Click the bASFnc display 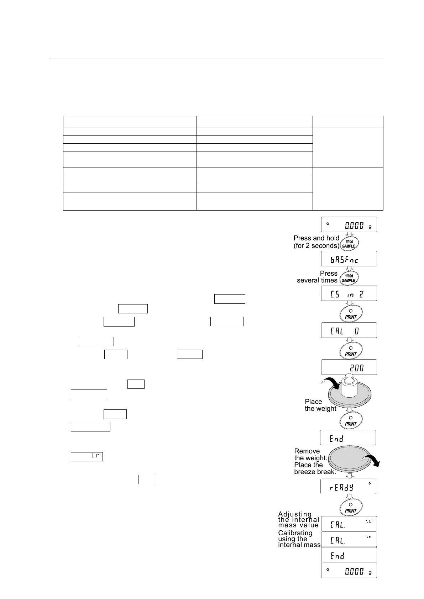tap(349, 259)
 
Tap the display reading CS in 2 tap(349, 293)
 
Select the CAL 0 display tap(349, 330)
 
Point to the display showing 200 tap(349, 367)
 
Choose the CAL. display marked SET tap(349, 524)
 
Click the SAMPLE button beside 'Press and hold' tap(349, 244)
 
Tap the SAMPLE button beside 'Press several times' tap(349, 278)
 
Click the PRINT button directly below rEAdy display tap(350, 507)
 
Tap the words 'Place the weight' tap(320, 405)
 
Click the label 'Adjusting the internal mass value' tap(298, 520)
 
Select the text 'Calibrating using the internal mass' tap(299, 539)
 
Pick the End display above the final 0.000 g tap(349, 555)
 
